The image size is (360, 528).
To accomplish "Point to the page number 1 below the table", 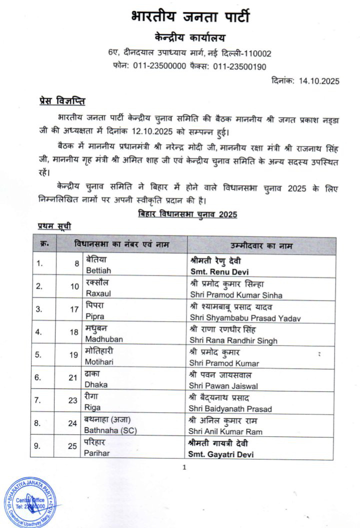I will (x=184, y=467).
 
